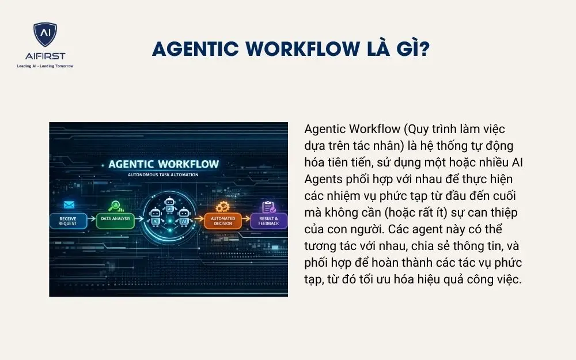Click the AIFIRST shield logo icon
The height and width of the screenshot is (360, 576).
(45, 35)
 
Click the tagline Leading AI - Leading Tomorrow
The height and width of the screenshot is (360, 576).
(45, 66)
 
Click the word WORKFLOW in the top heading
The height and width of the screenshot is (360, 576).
(304, 49)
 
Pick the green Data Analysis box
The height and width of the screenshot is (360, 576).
(115, 219)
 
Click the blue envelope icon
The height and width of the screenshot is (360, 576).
(70, 204)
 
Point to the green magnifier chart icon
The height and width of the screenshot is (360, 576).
(116, 204)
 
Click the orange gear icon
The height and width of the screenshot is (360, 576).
(222, 206)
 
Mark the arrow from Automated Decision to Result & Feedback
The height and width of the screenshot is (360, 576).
(245, 219)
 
